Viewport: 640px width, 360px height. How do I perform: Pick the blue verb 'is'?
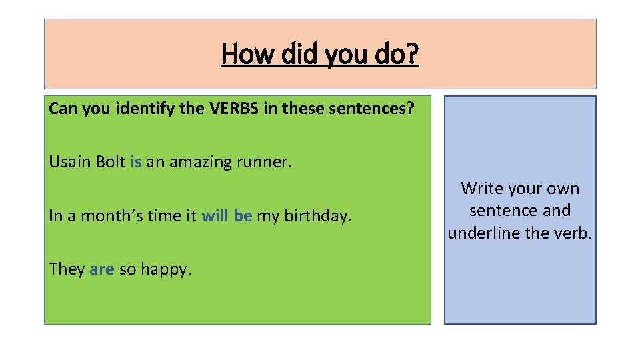pos(136,162)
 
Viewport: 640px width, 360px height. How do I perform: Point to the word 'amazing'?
pos(199,162)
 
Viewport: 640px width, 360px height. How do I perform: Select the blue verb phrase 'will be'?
pos(227,216)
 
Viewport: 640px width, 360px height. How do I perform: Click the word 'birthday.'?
pos(318,216)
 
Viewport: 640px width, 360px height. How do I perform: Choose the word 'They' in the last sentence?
pos(67,269)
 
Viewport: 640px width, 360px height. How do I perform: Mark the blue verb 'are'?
pos(102,269)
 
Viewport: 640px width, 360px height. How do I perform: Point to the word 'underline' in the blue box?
pos(481,233)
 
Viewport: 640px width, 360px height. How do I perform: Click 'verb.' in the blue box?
pos(574,233)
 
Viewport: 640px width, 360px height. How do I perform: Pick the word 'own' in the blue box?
pos(564,189)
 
